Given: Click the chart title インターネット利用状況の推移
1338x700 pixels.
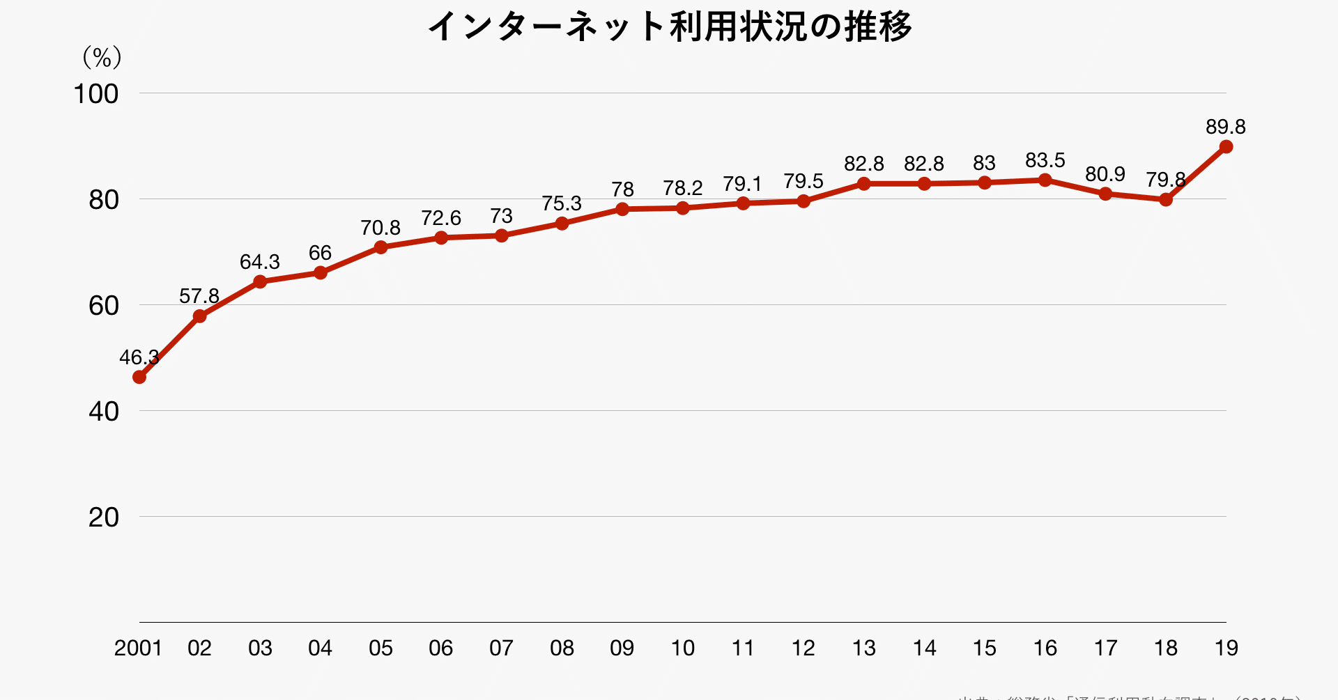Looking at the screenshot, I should coord(670,27).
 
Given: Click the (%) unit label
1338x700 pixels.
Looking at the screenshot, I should coord(102,57).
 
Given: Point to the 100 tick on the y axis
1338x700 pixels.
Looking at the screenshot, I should coord(96,94).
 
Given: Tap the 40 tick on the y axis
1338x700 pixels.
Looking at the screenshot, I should coord(103,412).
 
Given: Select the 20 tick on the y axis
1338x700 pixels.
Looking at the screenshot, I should coord(103,518).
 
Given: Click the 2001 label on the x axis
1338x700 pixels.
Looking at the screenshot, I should coord(138,648).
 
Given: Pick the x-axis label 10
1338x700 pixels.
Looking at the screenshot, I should coord(683,648).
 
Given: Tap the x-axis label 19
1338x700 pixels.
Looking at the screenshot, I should coord(1226,648).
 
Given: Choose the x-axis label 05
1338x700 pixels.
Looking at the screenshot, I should coord(380,648).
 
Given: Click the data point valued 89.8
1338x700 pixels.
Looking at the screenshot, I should coord(1226,147).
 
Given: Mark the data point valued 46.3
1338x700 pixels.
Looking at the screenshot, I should coord(139,377).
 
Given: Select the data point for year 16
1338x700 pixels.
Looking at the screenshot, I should coord(1045,180).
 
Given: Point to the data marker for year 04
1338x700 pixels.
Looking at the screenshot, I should coord(321,272).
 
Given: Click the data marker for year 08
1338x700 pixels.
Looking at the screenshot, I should coord(562,224).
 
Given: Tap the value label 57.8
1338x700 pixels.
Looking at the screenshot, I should coord(199,297).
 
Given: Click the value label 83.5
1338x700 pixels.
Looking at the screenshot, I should coord(1045,161).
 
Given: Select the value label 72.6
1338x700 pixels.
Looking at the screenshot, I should coord(441,219).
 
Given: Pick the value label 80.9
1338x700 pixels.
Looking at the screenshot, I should coord(1105,174).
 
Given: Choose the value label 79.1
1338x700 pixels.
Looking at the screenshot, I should coord(742,185).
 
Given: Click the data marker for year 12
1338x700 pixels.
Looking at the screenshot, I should coord(803,201).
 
